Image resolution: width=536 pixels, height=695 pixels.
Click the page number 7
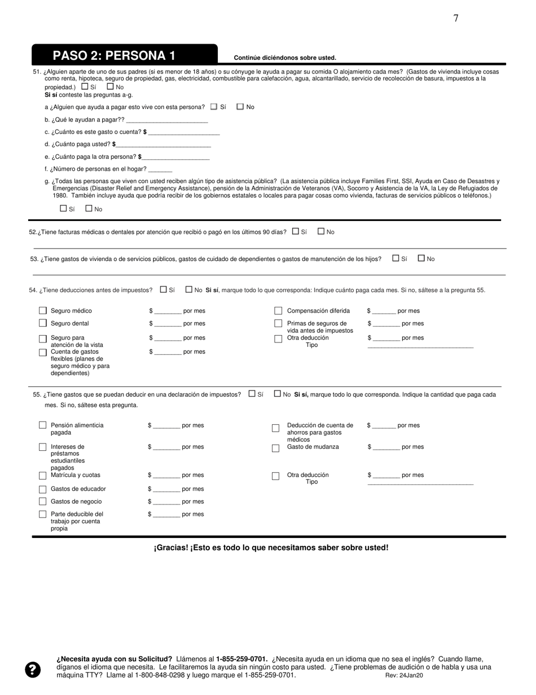(456, 18)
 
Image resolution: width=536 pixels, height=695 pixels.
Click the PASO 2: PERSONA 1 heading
(114, 55)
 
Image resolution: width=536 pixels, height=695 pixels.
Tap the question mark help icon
(33, 670)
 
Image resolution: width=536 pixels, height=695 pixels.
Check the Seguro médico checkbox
(43, 311)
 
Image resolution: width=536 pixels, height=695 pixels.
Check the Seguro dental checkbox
(43, 323)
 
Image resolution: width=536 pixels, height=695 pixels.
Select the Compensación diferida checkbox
(278, 311)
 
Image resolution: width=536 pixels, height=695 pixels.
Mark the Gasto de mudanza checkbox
(276, 449)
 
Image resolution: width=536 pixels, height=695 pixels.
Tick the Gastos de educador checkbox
(43, 489)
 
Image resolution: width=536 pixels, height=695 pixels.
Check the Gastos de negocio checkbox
(43, 502)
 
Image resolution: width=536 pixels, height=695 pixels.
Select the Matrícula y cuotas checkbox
(43, 476)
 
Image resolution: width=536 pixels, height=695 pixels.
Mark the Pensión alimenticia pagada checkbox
(43, 425)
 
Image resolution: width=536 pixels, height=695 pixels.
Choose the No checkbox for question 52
(322, 231)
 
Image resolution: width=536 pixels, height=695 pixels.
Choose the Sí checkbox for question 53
(396, 258)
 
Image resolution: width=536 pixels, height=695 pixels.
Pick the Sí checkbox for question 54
(164, 289)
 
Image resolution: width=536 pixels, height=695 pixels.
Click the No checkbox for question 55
(278, 394)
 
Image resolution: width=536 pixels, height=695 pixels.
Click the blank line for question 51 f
(160, 170)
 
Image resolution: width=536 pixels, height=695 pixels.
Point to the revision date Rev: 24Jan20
(404, 675)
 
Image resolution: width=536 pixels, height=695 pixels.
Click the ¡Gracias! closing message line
(271, 548)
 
